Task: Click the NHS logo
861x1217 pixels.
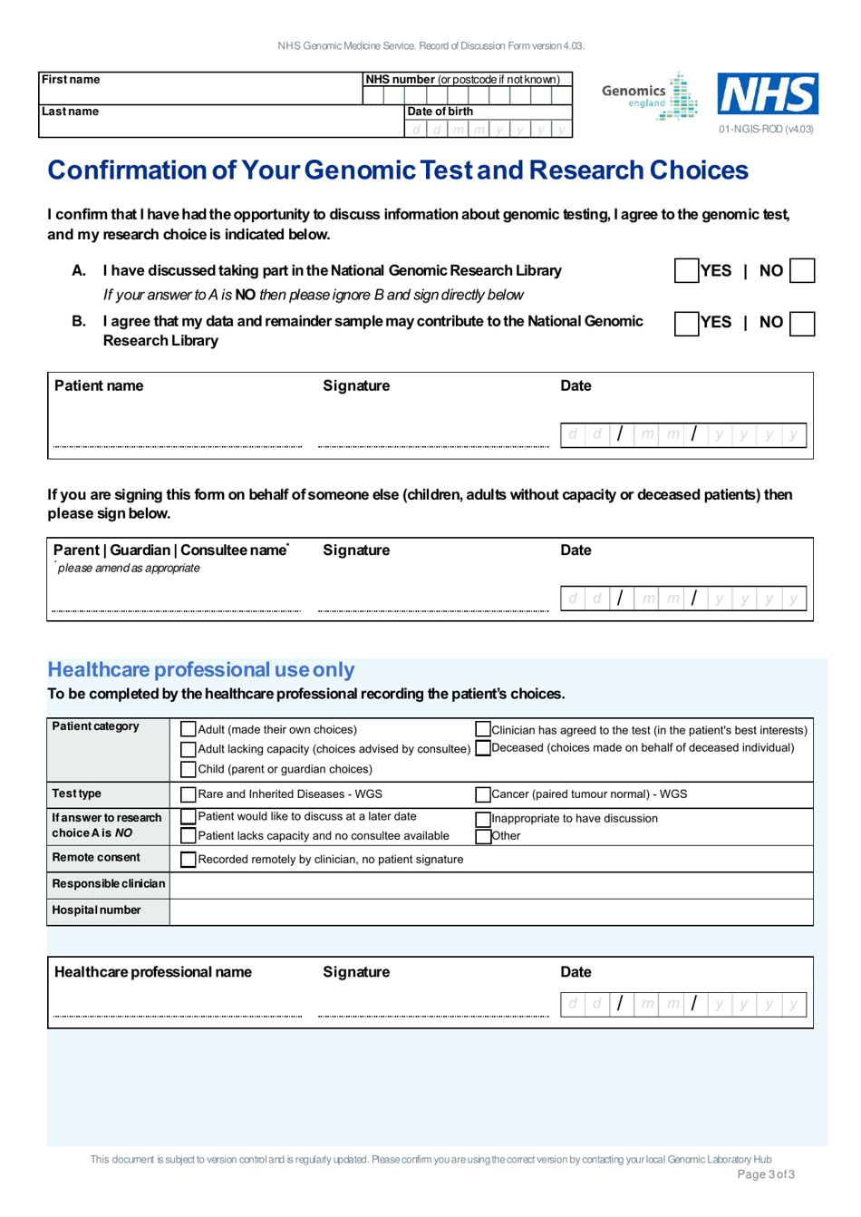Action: pyautogui.click(x=768, y=94)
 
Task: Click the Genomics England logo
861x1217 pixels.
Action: pyautogui.click(x=649, y=96)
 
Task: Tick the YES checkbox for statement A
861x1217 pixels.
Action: pyautogui.click(x=686, y=270)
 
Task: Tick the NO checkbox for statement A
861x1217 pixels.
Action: pyautogui.click(x=802, y=270)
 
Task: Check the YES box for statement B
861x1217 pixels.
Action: pyautogui.click(x=686, y=324)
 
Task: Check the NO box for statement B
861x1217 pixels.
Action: pyautogui.click(x=802, y=324)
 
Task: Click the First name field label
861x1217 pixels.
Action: pyautogui.click(x=71, y=80)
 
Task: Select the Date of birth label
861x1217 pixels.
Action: pyautogui.click(x=440, y=112)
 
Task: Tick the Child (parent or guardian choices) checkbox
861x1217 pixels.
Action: pyautogui.click(x=189, y=769)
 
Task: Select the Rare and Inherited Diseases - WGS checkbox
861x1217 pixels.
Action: pyautogui.click(x=189, y=794)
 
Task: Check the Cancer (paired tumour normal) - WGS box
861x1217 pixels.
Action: pyautogui.click(x=483, y=794)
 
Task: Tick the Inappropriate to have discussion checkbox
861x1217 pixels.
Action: pyautogui.click(x=483, y=819)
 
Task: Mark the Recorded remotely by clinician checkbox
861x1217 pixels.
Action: pyautogui.click(x=189, y=860)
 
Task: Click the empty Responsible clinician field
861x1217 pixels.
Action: pyautogui.click(x=490, y=884)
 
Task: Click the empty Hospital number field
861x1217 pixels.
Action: pyautogui.click(x=490, y=910)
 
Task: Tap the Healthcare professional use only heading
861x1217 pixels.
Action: pyautogui.click(x=201, y=670)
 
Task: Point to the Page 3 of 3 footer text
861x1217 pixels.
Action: pyautogui.click(x=766, y=1174)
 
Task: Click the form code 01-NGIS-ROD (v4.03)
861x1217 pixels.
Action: pyautogui.click(x=766, y=129)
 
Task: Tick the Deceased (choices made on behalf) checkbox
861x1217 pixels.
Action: pyautogui.click(x=483, y=748)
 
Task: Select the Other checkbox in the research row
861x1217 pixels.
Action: pyautogui.click(x=483, y=836)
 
